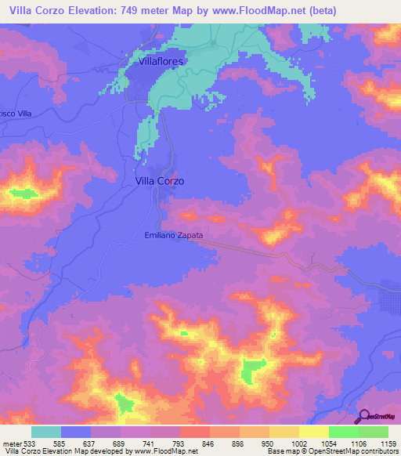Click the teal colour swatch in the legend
pos(46,432)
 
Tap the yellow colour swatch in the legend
pos(313,432)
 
